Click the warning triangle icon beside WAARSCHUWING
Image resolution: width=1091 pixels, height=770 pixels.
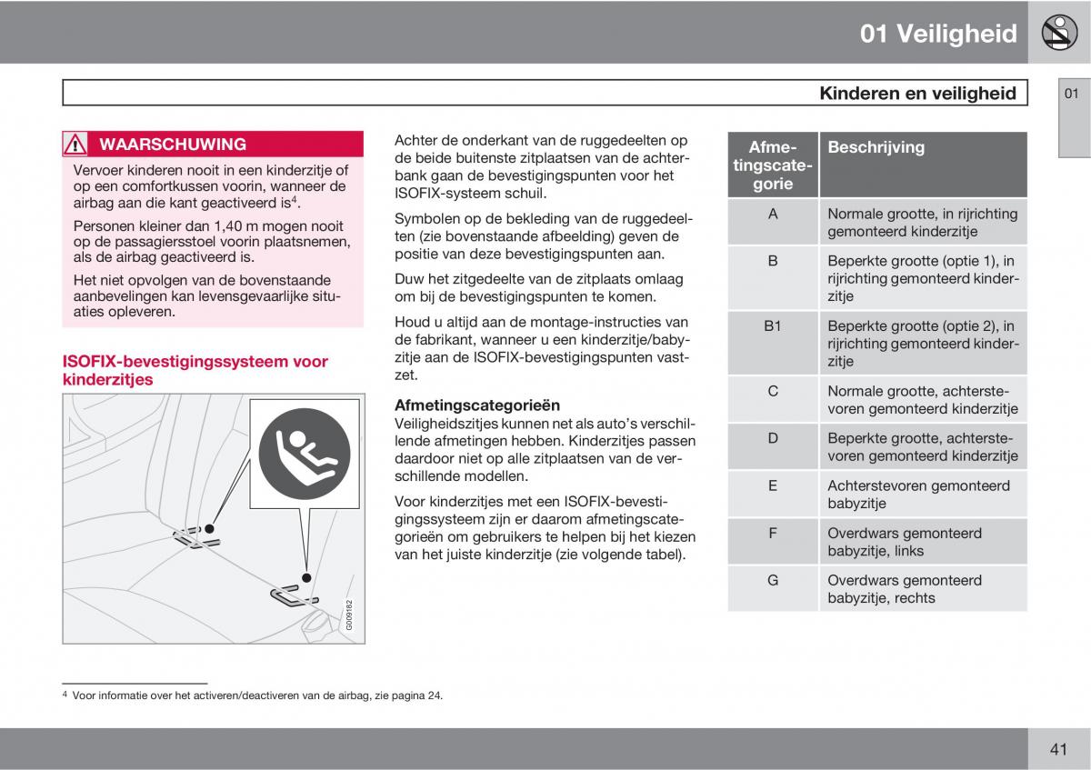coord(75,145)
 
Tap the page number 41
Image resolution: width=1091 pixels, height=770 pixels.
coord(1057,749)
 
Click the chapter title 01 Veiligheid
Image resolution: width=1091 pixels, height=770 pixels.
coord(938,34)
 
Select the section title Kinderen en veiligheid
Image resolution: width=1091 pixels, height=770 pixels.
coord(917,93)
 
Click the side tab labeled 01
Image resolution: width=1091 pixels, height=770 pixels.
coord(1072,95)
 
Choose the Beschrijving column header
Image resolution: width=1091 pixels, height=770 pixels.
coord(876,147)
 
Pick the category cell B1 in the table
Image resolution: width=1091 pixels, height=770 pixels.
coord(773,325)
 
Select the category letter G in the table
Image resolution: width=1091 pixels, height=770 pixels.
coord(773,580)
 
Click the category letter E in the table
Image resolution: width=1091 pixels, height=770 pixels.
coord(773,485)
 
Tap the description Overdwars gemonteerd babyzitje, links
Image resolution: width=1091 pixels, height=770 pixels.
coord(904,542)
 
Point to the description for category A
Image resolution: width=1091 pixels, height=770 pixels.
coord(922,223)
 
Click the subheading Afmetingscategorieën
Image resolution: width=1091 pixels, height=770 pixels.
coord(477,405)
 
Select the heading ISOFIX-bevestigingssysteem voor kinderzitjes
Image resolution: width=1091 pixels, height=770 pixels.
coord(195,370)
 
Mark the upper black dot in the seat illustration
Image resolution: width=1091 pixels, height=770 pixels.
coord(209,528)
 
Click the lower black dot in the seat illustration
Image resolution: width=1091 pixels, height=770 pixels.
coord(307,577)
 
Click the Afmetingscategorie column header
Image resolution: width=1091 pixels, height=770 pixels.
coord(773,165)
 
